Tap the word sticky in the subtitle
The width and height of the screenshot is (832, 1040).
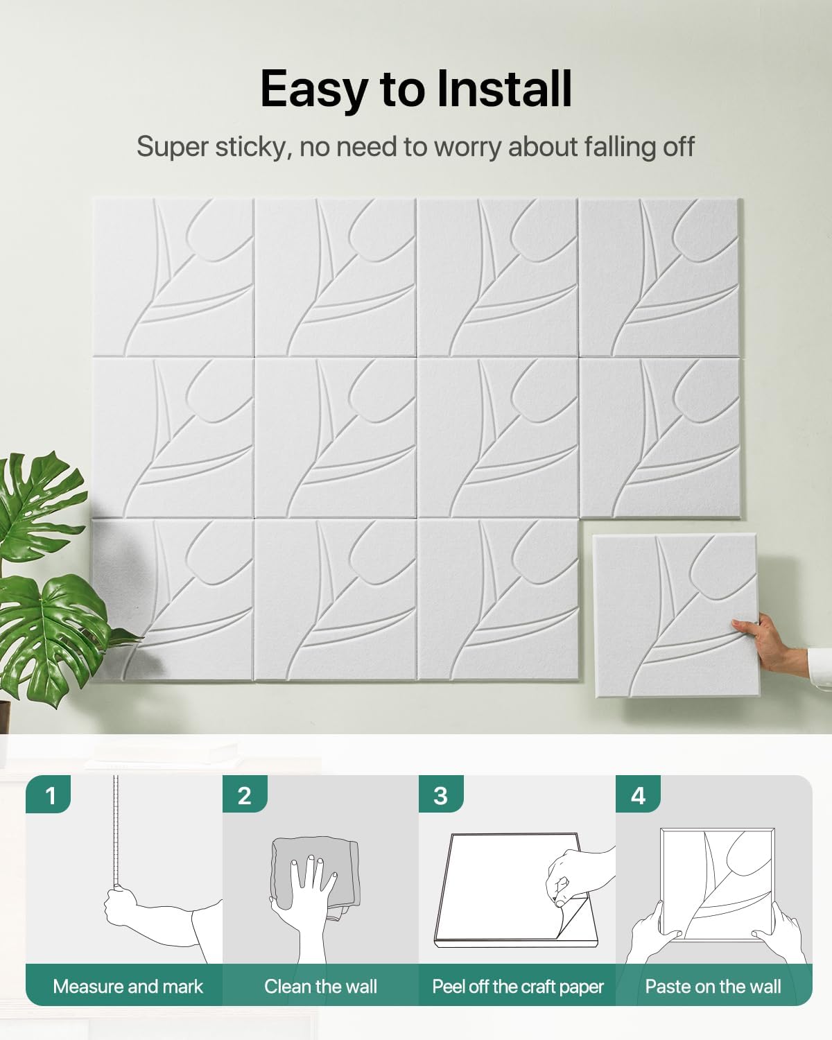click(x=251, y=148)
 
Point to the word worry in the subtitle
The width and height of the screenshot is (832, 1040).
click(x=467, y=148)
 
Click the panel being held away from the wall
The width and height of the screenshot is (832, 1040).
click(x=675, y=615)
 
